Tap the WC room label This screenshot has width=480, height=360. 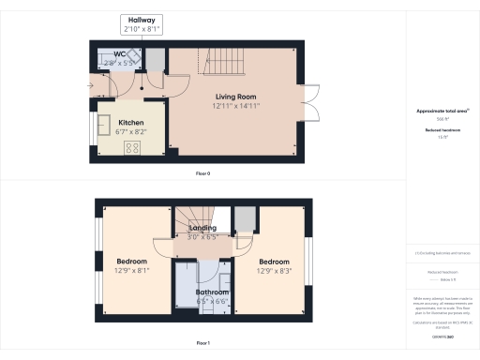120,54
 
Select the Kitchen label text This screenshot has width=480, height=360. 131,122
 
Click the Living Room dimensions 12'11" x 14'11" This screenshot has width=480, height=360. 237,106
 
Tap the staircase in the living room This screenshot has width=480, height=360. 222,63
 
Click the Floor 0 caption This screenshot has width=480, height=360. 202,174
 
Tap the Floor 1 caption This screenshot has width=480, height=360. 202,343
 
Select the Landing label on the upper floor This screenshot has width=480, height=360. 202,228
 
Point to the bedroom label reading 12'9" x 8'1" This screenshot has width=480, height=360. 131,270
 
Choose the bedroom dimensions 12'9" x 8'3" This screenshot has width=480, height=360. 274,270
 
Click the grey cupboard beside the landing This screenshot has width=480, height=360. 245,218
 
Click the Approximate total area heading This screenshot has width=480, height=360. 442,111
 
